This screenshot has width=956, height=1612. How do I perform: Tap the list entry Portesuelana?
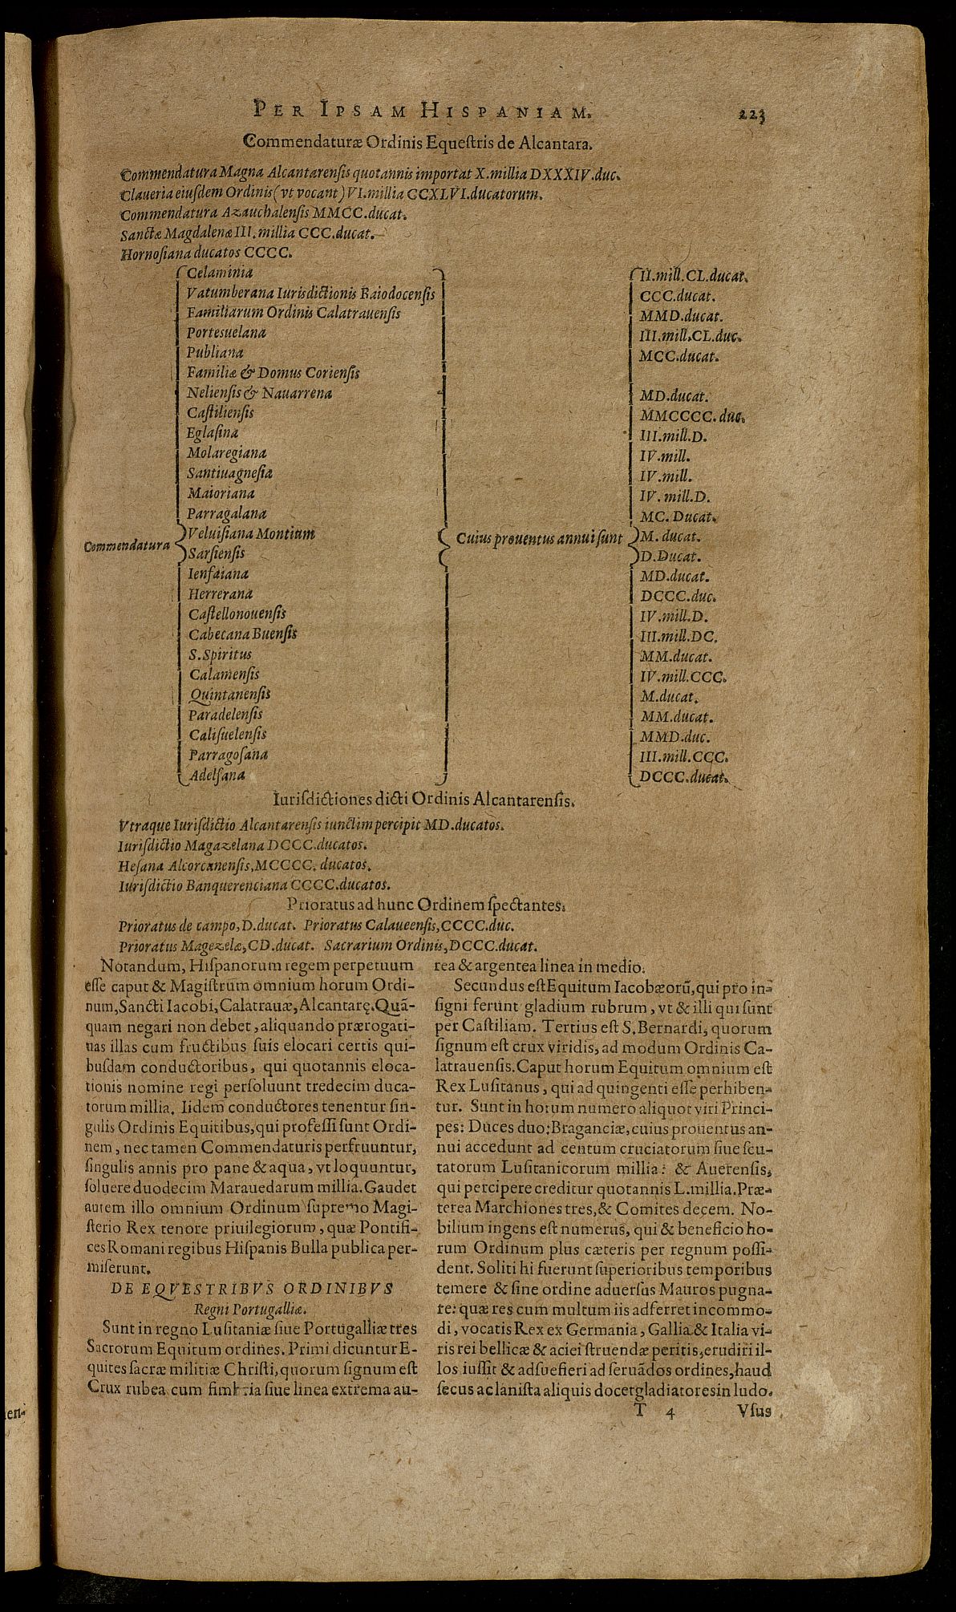pos(226,332)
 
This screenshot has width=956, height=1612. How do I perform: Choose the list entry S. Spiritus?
pos(219,654)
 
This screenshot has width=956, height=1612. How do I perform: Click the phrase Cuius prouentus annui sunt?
pos(540,538)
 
